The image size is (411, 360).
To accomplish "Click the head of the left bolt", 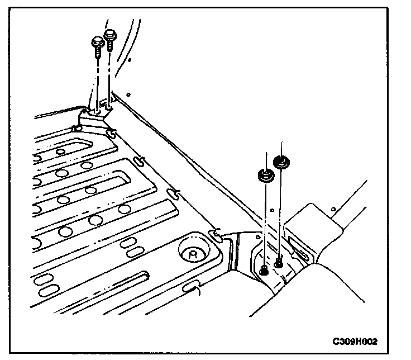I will pos(97,41).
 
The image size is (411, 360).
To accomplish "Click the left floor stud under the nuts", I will pos(264,271).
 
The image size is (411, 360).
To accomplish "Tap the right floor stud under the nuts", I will pos(278,262).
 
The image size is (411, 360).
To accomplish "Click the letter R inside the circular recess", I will pos(192,253).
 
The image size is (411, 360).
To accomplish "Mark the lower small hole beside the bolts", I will pos(128,94).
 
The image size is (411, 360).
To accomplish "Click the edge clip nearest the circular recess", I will pos(214,232).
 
